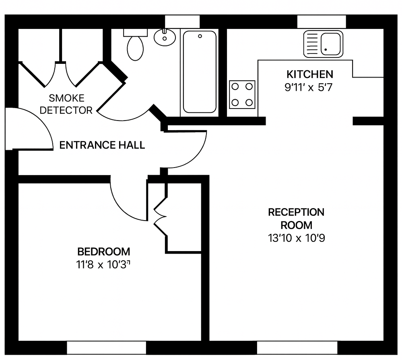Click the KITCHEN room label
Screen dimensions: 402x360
point(310,74)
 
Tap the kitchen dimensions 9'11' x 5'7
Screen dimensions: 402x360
point(308,88)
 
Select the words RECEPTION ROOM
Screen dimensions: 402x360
point(296,219)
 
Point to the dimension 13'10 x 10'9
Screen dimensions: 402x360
point(297,238)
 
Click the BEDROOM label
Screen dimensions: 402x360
point(103,252)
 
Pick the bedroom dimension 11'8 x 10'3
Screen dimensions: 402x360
point(103,265)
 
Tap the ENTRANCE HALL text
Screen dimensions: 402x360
point(102,145)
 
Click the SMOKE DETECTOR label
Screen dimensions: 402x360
point(66,104)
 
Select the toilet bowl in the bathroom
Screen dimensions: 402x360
point(135,48)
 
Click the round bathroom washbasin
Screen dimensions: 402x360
point(165,37)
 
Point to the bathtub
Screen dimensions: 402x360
point(200,72)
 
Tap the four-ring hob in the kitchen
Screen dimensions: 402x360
point(242,94)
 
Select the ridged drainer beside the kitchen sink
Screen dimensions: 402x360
point(312,44)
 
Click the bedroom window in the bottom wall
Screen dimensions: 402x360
point(106,348)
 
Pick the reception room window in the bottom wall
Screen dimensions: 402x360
point(297,348)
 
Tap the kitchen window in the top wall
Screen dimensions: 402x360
point(322,22)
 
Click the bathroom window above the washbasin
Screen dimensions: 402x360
point(182,22)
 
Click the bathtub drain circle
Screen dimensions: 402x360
point(200,36)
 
